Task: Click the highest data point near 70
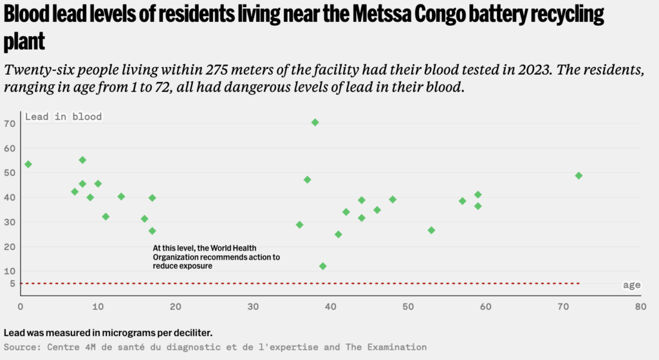(x=315, y=122)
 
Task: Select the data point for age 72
(x=579, y=175)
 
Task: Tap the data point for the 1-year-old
(x=28, y=164)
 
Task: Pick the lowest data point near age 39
(x=322, y=266)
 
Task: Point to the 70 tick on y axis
(x=9, y=123)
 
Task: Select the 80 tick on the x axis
(x=640, y=307)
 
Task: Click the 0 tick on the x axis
(x=21, y=307)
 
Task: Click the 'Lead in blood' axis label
(x=63, y=117)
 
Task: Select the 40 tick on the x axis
(x=330, y=307)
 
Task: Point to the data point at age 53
(x=431, y=231)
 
